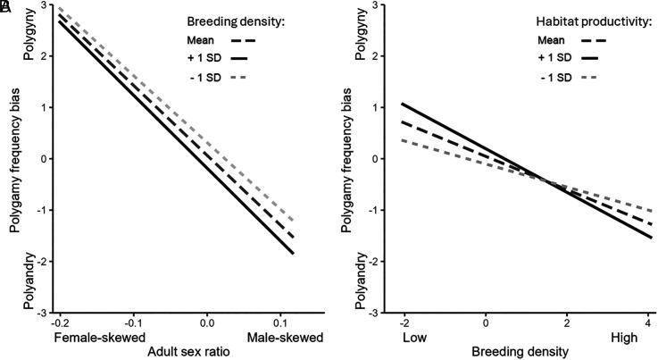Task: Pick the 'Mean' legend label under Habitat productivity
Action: click(x=552, y=40)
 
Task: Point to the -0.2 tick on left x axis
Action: click(x=60, y=321)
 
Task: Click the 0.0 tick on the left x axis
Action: click(x=208, y=321)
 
